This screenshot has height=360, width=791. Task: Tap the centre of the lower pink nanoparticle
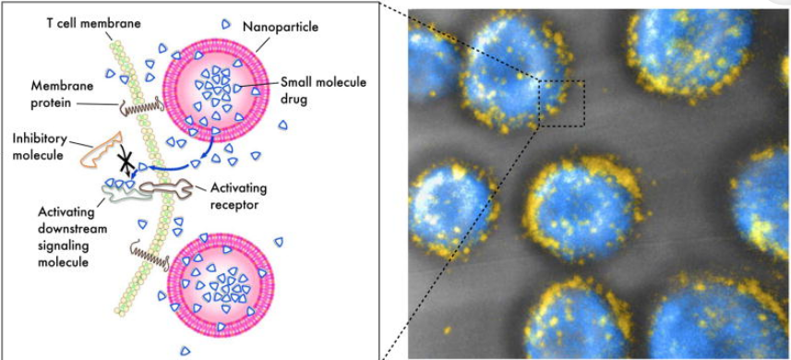tap(221, 284)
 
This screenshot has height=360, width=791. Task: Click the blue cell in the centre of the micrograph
tap(581, 207)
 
